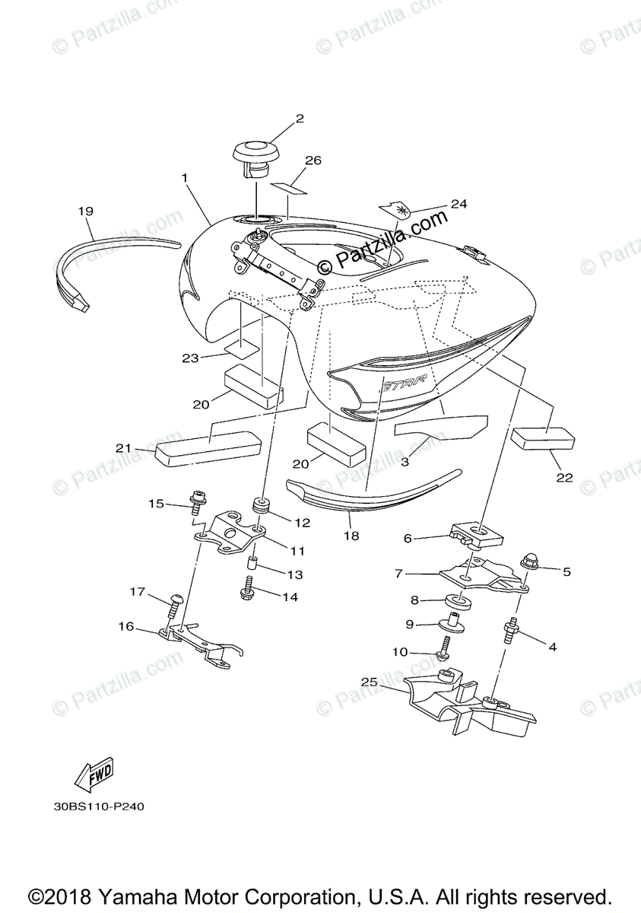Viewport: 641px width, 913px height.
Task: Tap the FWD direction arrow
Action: [x=94, y=772]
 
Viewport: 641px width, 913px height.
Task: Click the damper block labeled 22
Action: [x=543, y=438]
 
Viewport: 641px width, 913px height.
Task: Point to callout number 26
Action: [x=313, y=161]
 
